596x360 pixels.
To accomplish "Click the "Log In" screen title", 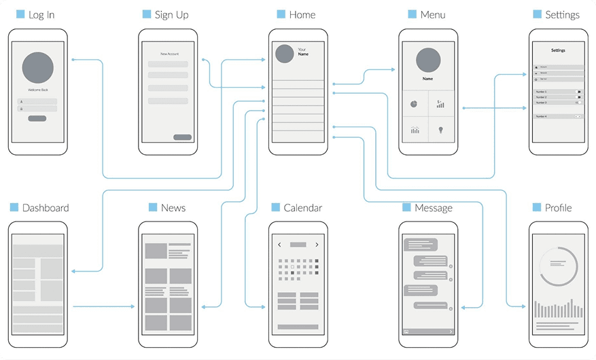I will [x=41, y=15].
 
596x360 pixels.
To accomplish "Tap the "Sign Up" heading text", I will [x=171, y=15].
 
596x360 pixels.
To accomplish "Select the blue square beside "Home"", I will [x=281, y=14].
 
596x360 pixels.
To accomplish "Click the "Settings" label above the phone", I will [x=562, y=15].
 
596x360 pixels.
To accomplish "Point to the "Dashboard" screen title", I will [x=46, y=208].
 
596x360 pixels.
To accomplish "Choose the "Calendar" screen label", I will [x=302, y=208].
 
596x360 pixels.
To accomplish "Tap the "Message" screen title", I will [x=433, y=208].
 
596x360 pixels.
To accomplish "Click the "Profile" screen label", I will [x=558, y=208].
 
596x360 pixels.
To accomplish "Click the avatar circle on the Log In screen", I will [x=38, y=68].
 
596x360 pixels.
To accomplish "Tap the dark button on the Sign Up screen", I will [x=182, y=137].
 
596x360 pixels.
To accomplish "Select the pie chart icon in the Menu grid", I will [x=413, y=104].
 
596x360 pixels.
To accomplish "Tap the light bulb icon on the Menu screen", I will [x=440, y=129].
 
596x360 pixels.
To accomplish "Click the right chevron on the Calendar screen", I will [x=317, y=245].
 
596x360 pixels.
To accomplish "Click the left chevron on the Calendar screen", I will [x=279, y=245].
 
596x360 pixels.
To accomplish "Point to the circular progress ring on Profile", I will [x=558, y=266].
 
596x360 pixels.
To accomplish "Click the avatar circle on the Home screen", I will [x=284, y=54].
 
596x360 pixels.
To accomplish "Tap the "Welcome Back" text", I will [x=38, y=90].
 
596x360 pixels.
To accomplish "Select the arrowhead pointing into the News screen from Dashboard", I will [x=133, y=306].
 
